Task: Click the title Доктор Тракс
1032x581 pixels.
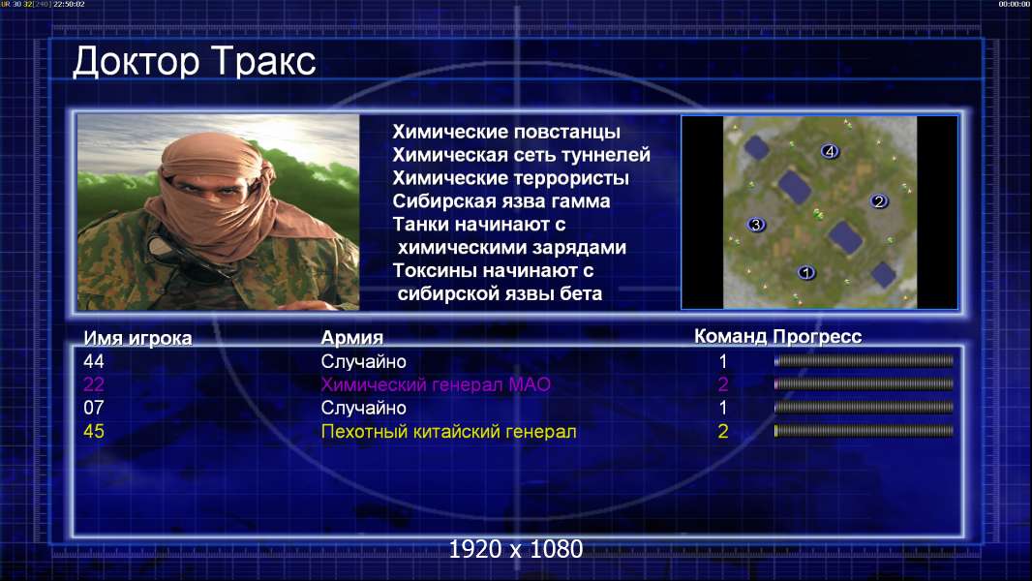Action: (195, 63)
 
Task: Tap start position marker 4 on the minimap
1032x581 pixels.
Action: (830, 151)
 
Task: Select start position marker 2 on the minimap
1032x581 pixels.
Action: (879, 201)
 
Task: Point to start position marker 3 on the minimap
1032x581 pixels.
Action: (755, 225)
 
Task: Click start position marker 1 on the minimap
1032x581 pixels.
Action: (806, 272)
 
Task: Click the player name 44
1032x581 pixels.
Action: (94, 361)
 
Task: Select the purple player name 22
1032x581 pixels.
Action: (94, 384)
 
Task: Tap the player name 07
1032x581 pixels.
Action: (94, 408)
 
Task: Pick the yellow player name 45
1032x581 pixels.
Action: (94, 432)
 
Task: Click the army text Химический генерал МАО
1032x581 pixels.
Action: (436, 384)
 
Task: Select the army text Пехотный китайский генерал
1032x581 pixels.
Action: (449, 432)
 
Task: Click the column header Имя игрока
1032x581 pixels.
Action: (137, 338)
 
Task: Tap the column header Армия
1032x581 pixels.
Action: (352, 338)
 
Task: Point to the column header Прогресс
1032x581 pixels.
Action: (817, 337)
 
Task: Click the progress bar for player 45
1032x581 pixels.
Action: (865, 431)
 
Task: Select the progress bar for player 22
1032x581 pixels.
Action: (865, 383)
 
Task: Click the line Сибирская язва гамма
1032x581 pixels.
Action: (501, 201)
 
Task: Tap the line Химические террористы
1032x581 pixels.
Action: (511, 178)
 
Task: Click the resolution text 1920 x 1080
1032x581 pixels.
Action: (516, 549)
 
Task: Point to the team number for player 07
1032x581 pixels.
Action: (722, 408)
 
